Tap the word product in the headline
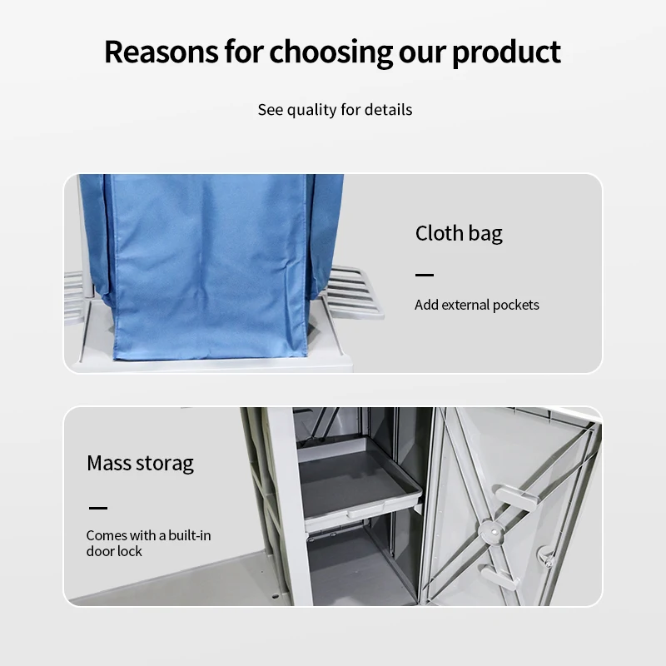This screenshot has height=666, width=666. click(x=506, y=52)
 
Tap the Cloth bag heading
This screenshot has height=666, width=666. click(x=459, y=233)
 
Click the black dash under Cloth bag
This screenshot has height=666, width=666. click(x=425, y=275)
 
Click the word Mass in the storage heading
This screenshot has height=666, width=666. click(x=109, y=463)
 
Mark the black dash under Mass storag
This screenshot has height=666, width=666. click(x=97, y=507)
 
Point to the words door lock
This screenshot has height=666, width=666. click(x=114, y=551)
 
